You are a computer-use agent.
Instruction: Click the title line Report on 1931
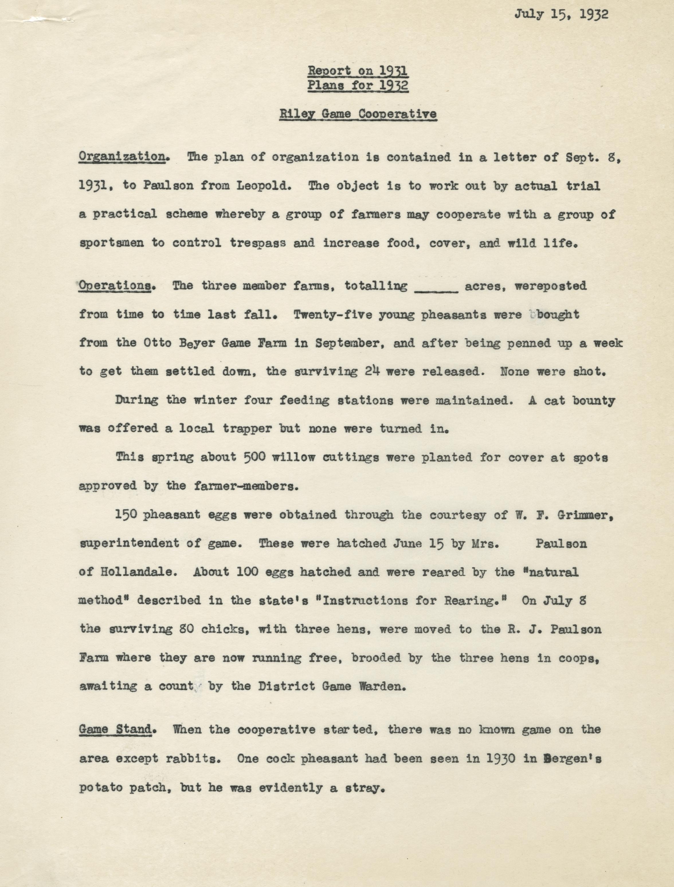pyautogui.click(x=358, y=71)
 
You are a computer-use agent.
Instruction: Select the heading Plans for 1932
pyautogui.click(x=358, y=85)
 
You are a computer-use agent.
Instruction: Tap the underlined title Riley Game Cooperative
pyautogui.click(x=358, y=114)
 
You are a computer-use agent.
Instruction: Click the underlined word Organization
pyautogui.click(x=122, y=157)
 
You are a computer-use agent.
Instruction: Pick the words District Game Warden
pyautogui.click(x=329, y=686)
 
